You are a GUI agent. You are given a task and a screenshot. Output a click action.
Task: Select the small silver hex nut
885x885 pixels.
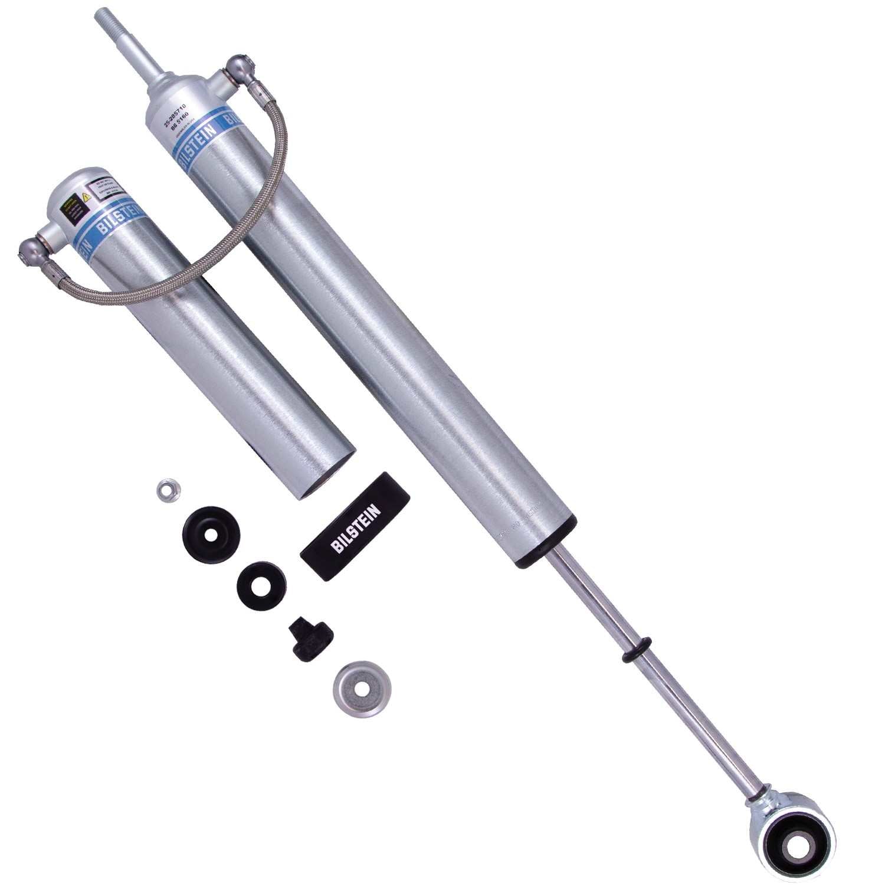point(169,489)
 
